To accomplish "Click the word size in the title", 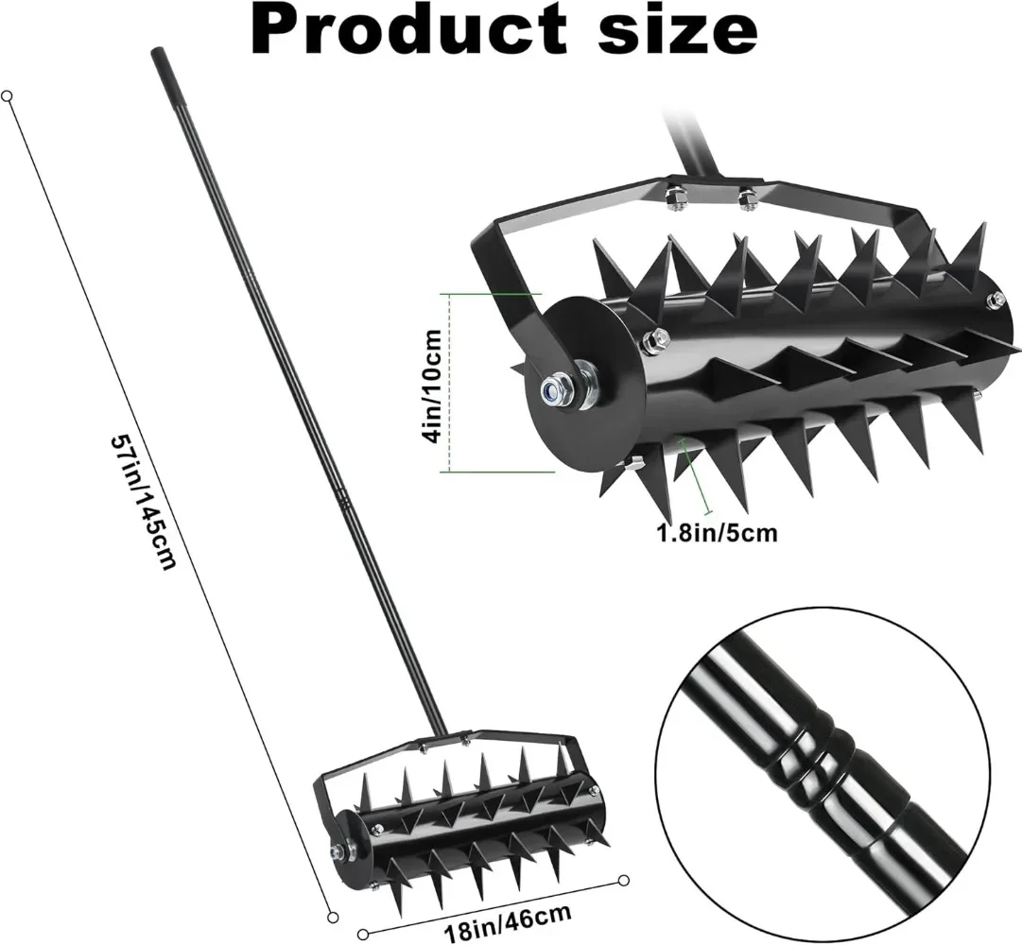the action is (x=679, y=29).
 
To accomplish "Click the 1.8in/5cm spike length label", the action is (x=716, y=533).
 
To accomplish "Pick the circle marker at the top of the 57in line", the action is (x=7, y=96).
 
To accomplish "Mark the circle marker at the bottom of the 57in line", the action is (x=333, y=918).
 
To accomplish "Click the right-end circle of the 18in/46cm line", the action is (x=624, y=881).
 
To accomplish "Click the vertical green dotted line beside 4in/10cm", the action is (x=449, y=383).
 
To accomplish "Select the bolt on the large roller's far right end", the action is (x=996, y=301).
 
